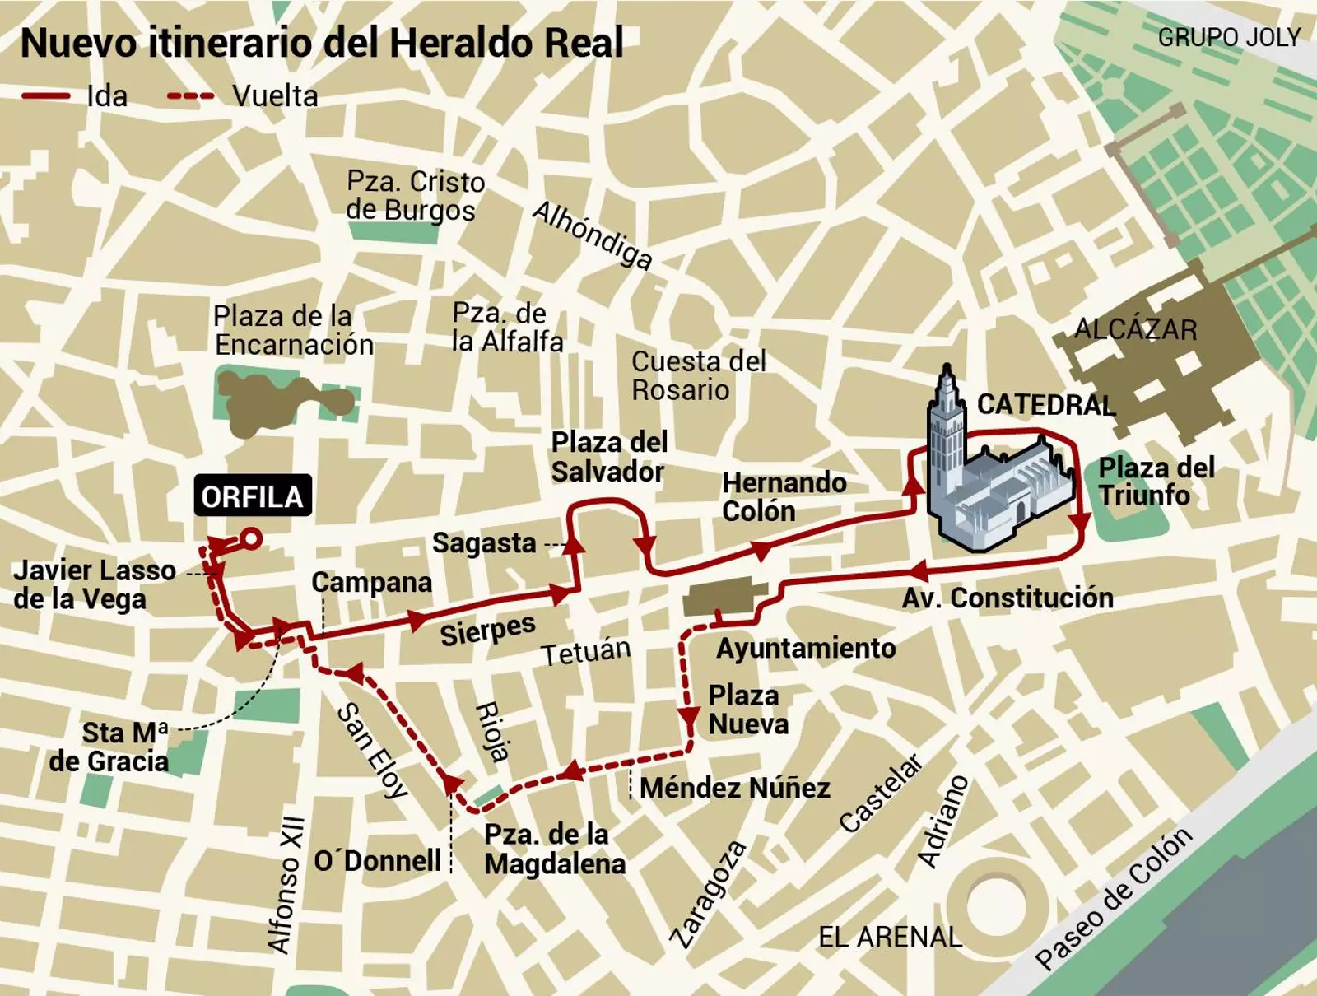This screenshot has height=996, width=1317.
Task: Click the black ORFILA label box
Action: [253, 496]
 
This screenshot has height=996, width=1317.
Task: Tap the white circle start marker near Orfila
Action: [252, 539]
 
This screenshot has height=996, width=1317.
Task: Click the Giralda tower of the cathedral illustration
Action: [947, 428]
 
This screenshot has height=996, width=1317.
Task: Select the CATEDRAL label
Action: [1045, 405]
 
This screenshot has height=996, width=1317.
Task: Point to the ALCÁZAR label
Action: [1135, 329]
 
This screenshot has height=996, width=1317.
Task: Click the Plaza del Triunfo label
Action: [1155, 482]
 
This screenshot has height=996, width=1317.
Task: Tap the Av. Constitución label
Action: [1008, 598]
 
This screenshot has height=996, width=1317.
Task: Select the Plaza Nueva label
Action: [747, 710]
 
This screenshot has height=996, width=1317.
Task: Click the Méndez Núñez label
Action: [734, 788]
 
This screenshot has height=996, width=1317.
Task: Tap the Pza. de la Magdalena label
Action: [554, 849]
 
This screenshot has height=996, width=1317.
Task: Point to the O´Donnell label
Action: [378, 861]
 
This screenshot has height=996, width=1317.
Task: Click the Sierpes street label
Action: [487, 630]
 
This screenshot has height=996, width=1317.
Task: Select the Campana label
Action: [371, 582]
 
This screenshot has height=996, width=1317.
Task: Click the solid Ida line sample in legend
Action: [46, 96]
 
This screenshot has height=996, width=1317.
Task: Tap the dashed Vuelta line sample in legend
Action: [191, 96]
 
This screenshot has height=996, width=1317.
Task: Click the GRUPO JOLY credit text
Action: [1228, 38]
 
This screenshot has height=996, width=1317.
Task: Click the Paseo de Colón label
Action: [1113, 899]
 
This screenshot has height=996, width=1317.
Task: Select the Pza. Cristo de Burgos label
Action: [414, 196]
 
